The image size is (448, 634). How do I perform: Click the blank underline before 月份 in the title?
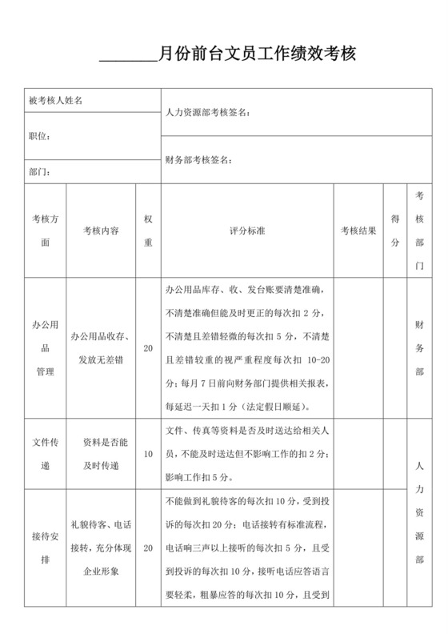click(128, 58)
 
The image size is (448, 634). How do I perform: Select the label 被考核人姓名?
click(55, 100)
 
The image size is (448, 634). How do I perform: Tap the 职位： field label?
click(39, 136)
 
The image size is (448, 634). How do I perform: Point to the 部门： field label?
click(39, 171)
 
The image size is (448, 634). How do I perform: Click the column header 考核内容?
click(101, 230)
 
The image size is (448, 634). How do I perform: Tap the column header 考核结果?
click(358, 230)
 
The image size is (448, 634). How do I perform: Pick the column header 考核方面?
click(45, 230)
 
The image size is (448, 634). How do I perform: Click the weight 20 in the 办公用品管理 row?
click(147, 348)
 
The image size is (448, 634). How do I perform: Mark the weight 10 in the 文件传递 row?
click(147, 454)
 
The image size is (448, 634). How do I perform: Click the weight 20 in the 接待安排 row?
click(147, 548)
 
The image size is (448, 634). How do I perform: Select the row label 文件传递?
click(45, 454)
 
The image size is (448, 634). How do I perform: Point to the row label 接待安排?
click(45, 548)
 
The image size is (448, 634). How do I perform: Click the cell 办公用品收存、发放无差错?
click(101, 348)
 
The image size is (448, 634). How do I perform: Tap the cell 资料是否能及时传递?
click(101, 454)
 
